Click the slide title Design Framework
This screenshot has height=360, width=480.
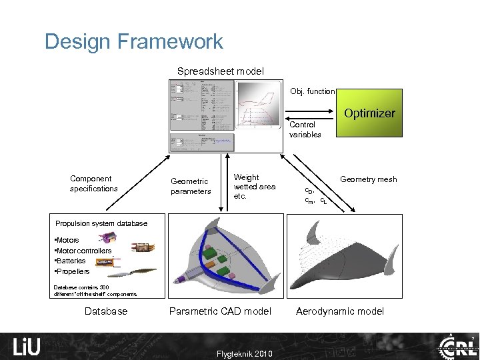point(133,42)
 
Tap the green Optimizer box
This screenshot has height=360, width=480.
point(369,113)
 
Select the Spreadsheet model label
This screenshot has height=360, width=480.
point(220,71)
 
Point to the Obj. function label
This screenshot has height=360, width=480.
point(312,91)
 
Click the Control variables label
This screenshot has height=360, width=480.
point(305,129)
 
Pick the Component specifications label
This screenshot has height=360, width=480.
point(93,183)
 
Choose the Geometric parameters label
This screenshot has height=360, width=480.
point(191,186)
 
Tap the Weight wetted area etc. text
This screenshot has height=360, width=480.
point(254,187)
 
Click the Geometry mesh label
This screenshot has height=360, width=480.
point(368,179)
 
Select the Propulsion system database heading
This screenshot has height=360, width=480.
point(101,223)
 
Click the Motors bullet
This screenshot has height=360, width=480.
point(67,240)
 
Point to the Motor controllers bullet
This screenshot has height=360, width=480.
point(83,251)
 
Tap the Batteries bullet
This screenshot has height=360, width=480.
point(70,261)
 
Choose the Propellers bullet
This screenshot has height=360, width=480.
point(71,271)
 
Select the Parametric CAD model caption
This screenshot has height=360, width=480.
point(220,311)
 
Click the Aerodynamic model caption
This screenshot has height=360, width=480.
point(340,311)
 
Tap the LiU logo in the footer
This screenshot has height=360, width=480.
point(27,347)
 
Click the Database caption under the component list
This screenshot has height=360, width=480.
point(106,311)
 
